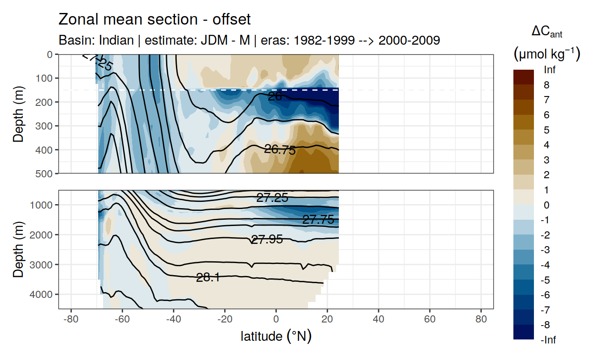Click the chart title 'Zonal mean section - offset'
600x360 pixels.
(x=154, y=20)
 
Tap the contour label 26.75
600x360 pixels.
(x=280, y=150)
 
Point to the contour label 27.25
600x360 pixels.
(x=272, y=198)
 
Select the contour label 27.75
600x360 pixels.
(x=318, y=219)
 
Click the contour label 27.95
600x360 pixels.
(x=267, y=239)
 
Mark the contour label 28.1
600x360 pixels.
(x=208, y=277)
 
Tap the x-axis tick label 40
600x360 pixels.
(x=379, y=320)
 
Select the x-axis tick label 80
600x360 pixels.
(x=481, y=320)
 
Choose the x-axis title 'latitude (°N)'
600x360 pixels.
(x=276, y=336)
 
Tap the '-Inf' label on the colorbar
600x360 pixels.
(x=548, y=340)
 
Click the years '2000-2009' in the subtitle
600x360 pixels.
(x=409, y=40)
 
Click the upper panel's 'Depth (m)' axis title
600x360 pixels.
(x=18, y=114)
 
